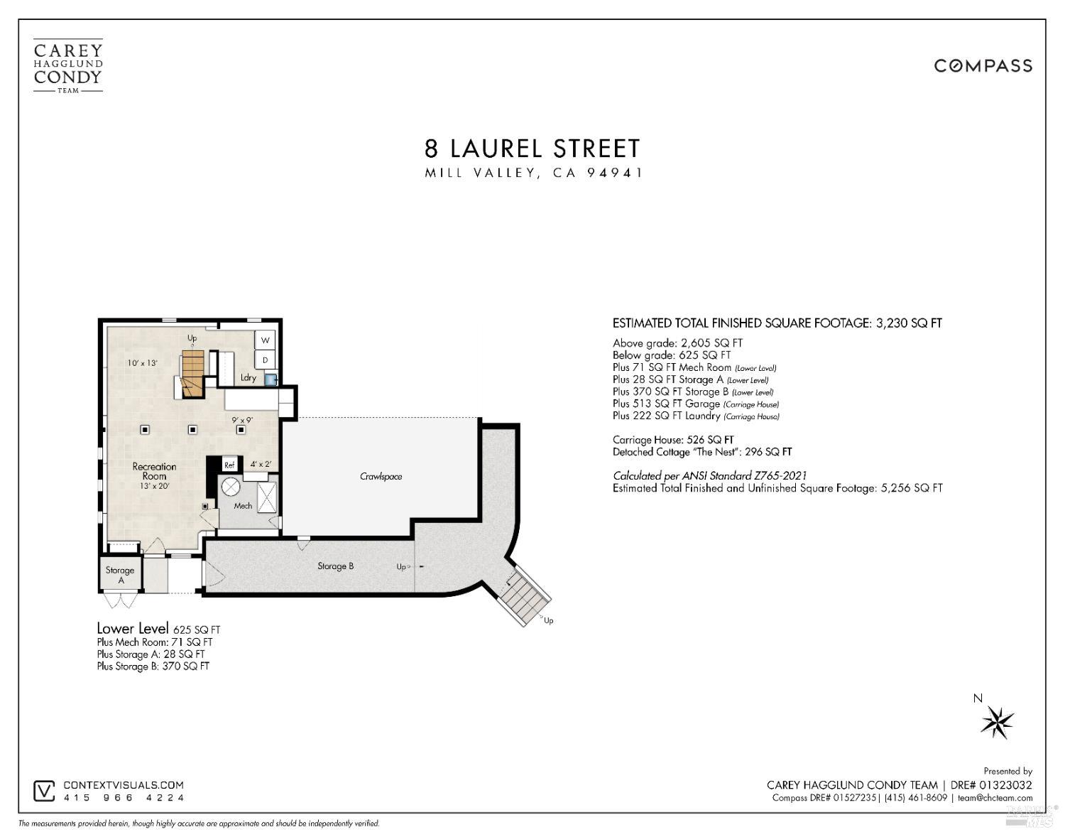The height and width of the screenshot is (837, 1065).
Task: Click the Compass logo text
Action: point(983,66)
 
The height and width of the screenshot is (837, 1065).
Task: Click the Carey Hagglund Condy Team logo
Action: point(68,67)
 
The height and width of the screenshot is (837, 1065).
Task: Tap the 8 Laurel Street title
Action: point(532,148)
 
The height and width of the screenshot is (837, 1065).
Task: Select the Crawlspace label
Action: point(381,476)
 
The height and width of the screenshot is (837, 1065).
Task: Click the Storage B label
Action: point(335,566)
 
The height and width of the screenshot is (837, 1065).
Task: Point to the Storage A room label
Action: point(120,575)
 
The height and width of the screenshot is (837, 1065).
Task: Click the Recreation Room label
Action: point(154,471)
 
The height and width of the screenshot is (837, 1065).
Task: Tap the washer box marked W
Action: point(266,340)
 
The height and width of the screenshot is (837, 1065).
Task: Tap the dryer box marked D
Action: point(266,360)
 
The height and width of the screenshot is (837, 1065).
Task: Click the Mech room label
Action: point(243,506)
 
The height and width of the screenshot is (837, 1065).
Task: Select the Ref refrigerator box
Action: point(229,465)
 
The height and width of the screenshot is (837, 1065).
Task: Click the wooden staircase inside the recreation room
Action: point(192,372)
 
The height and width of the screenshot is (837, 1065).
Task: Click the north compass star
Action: point(998,723)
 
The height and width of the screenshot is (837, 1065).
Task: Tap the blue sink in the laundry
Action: point(270,379)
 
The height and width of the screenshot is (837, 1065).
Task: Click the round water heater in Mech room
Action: point(231,487)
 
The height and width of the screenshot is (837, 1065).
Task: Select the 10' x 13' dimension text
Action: point(142,363)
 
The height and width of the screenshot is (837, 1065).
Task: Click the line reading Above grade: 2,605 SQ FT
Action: point(677,343)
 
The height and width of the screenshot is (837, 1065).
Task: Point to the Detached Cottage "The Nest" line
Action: point(702,452)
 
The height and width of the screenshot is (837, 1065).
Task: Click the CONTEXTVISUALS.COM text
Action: point(124,785)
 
